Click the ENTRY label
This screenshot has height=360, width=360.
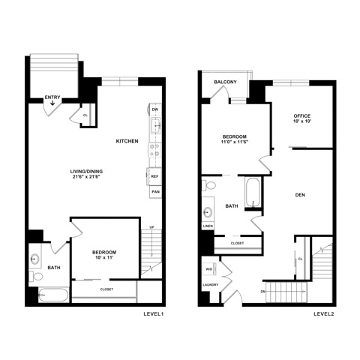pos(52,97)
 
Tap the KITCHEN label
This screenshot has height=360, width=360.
pos(127,141)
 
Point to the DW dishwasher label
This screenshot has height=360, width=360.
pos(155,109)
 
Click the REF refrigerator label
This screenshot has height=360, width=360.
pos(155,176)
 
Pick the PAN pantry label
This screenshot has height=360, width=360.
pos(155,192)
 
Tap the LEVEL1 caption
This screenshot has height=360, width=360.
pos(153,313)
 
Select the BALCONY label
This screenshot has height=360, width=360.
pos(226,82)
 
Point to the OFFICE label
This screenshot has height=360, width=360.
pos(302,115)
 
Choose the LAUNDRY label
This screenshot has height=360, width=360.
pos(209,285)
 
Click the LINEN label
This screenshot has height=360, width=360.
pos(208,226)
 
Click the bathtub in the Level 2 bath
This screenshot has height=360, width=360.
pos(253,193)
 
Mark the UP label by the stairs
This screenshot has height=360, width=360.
pos(151,227)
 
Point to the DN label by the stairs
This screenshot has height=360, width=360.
pos(263,291)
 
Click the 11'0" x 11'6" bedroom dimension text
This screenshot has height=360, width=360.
pos(235,142)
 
